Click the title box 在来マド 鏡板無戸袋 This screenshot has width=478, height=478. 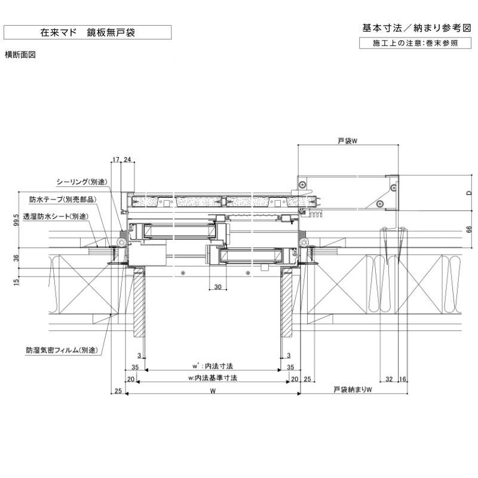pos(87,32)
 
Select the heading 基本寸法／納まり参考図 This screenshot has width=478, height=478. pos(416,28)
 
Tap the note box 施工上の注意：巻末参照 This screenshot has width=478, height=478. pos(416,43)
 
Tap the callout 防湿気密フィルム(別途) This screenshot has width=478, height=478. pos(62,351)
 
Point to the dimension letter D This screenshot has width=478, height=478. pos(469,192)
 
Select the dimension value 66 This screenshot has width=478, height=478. pos(469,229)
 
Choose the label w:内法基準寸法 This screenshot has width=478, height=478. pos(213,378)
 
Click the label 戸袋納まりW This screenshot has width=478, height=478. pos(353,390)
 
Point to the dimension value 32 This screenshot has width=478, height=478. pos(389,379)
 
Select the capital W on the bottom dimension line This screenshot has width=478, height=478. pos(213,391)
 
